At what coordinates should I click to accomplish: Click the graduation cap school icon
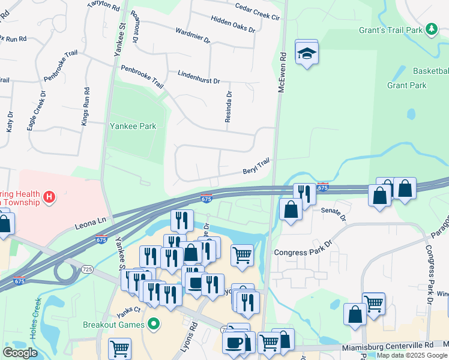[307, 53]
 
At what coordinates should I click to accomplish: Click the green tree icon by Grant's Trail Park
[431, 29]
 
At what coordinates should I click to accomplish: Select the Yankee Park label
[133, 126]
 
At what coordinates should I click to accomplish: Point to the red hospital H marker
[50, 196]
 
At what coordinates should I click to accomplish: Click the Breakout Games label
[113, 325]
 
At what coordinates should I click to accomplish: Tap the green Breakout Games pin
[154, 325]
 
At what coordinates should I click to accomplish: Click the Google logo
[20, 353]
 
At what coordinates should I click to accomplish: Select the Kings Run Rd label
[85, 107]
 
